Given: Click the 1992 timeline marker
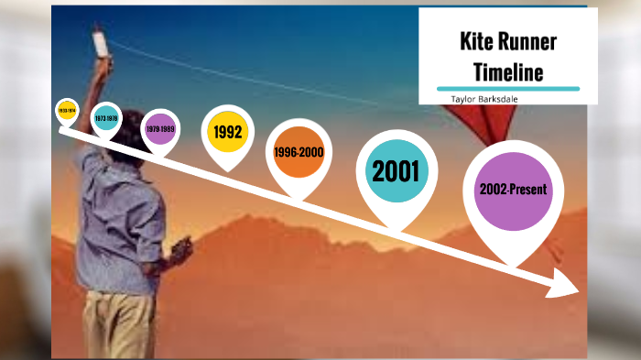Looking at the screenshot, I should [227, 132].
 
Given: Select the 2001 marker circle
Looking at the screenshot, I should [395, 170].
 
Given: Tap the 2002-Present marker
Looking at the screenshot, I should [513, 190].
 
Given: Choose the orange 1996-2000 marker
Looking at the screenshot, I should [299, 153].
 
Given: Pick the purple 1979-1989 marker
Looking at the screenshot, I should [160, 129].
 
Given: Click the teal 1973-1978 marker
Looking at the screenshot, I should [107, 118].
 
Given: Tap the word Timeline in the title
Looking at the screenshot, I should [508, 71].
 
